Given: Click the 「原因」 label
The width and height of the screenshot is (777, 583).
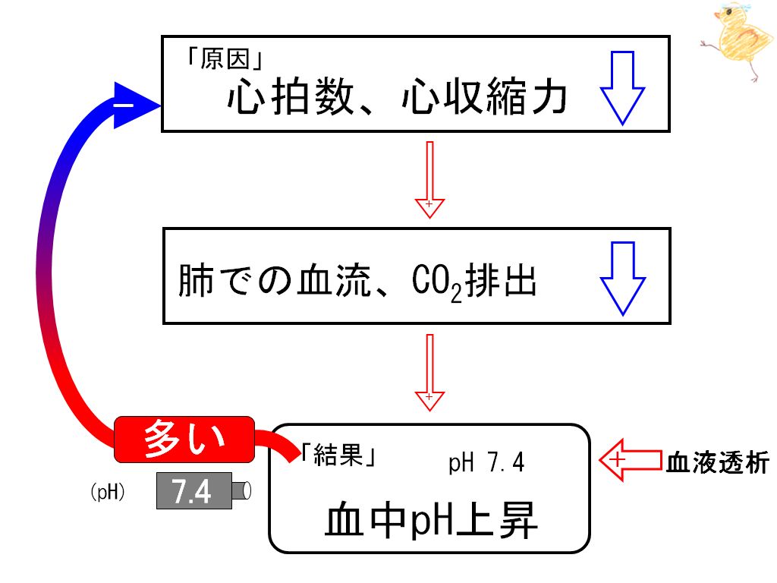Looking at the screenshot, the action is [x=224, y=59].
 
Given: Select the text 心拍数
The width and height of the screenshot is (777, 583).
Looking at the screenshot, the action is [x=291, y=97].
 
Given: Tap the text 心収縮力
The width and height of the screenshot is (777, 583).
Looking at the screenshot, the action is [x=485, y=97].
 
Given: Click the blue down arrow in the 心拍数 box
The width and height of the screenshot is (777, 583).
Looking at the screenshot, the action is [x=622, y=88].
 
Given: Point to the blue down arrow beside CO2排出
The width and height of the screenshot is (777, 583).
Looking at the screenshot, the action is [x=623, y=279].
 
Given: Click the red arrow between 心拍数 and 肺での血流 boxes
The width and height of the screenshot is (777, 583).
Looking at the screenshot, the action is [x=429, y=179].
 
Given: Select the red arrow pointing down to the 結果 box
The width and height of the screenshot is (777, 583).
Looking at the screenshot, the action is [x=429, y=372].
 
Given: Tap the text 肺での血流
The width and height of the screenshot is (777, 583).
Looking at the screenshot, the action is [x=275, y=281].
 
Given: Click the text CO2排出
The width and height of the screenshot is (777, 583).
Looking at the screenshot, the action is [x=474, y=282].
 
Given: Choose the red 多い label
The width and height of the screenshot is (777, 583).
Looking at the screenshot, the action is [x=184, y=440].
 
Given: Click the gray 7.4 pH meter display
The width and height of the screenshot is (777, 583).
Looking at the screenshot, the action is [x=194, y=491].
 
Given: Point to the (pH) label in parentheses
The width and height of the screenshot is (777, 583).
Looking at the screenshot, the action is [x=108, y=492].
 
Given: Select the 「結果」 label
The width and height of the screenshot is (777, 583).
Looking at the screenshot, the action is [x=338, y=455].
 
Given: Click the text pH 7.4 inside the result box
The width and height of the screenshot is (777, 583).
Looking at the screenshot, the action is [x=486, y=462].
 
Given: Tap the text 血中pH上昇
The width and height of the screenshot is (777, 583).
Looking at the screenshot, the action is [x=431, y=520].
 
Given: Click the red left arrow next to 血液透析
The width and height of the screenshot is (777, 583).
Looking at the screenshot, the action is [x=631, y=460].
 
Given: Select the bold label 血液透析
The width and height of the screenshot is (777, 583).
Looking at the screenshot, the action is [x=718, y=463].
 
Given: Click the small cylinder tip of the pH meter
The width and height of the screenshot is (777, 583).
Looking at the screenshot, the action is [x=242, y=491].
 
